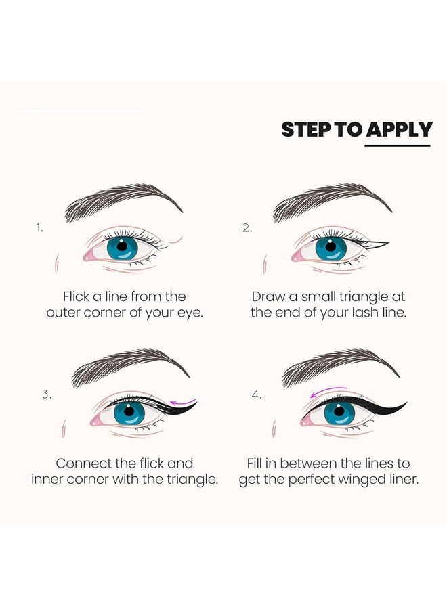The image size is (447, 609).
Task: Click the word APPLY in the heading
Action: coord(398,129)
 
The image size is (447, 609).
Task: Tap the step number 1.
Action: coord(40,228)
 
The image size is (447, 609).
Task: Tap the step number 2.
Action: coord(247,228)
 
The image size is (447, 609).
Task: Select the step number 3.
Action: coord(46,394)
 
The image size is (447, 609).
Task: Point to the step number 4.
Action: coord(256,394)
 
